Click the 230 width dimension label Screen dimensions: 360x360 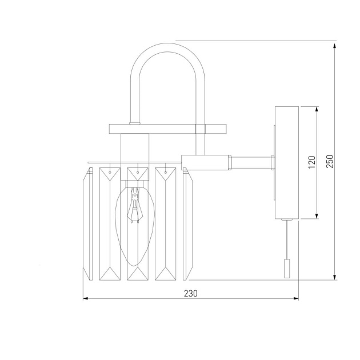point(190,293)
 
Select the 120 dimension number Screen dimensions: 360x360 point(311,163)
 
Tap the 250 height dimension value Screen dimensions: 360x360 point(330,162)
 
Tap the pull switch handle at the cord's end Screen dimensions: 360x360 point(288,269)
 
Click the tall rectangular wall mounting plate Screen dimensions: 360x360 point(286,163)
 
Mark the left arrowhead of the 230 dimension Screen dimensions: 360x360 point(86,298)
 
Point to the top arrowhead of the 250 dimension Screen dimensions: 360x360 point(335,44)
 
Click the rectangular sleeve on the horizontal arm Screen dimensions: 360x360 point(206,162)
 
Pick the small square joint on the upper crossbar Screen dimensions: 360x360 point(200,129)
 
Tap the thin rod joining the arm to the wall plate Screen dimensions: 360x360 point(251,162)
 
